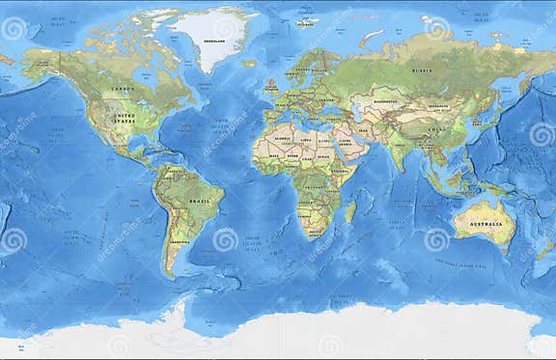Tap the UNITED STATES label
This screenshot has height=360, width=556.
125,120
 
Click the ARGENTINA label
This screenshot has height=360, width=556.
177,241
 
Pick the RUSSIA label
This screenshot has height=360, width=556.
421,69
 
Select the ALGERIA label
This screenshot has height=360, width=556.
283,138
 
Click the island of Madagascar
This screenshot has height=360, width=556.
350,210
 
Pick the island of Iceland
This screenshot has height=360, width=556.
250,64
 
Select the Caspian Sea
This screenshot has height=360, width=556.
361,112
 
